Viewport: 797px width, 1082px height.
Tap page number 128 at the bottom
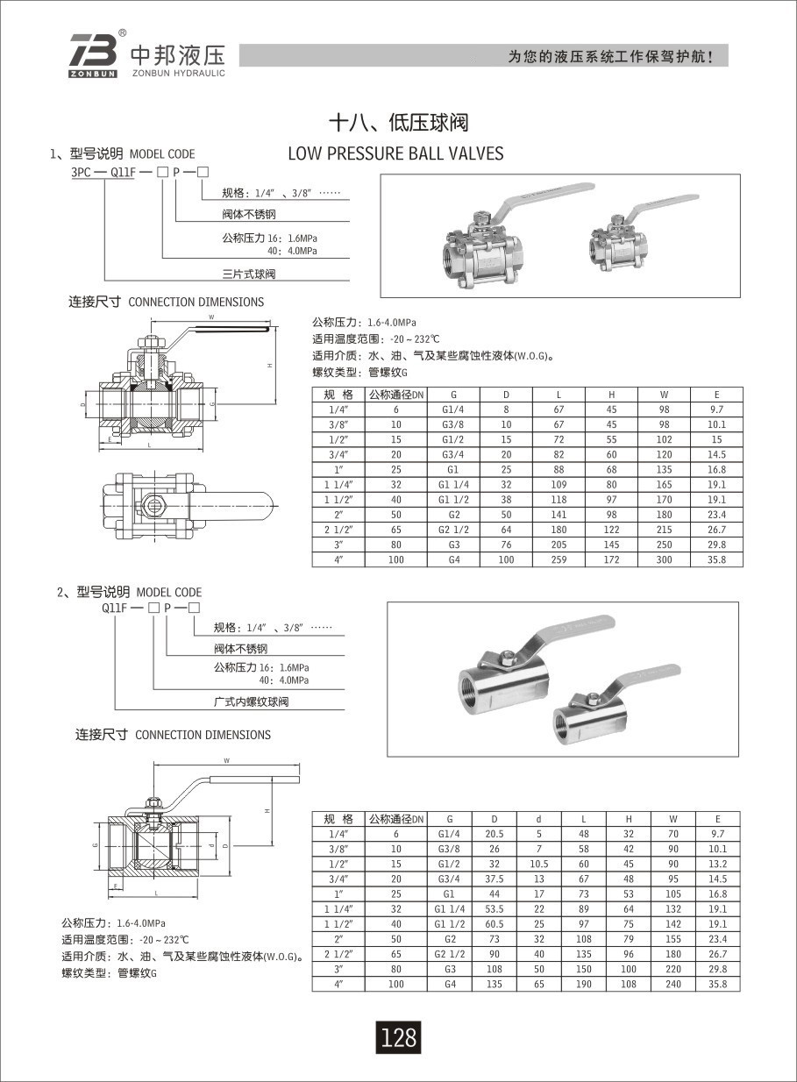398,1038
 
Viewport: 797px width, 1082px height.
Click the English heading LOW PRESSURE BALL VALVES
396,153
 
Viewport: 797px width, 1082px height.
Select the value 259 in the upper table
559,559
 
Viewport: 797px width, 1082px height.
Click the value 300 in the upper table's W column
664,559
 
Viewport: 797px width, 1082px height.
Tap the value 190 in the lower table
583,984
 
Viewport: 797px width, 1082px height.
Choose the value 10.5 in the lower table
538,864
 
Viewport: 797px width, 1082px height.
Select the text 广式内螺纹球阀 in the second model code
251,702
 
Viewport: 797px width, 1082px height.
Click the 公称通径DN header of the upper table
395,395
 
